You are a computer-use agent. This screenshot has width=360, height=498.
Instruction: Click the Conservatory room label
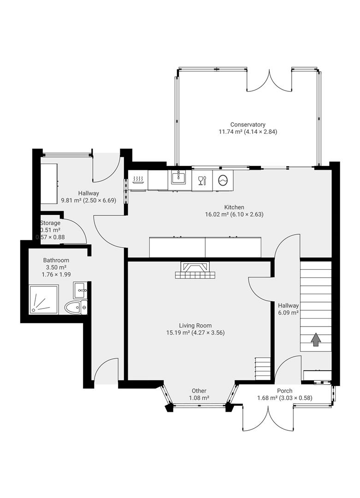tap(248, 125)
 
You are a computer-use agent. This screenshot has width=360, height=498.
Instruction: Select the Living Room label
tap(195, 326)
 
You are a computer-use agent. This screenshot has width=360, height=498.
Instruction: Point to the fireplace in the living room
tap(195, 270)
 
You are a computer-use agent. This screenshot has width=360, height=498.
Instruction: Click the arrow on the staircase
tap(316, 340)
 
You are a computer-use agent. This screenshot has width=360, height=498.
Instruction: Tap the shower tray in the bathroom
tap(44, 300)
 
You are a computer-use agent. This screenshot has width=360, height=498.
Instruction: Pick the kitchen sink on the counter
tap(178, 177)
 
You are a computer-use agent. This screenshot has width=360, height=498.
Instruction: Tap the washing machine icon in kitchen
tap(223, 180)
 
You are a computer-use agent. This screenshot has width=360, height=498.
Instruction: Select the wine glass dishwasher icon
tap(201, 180)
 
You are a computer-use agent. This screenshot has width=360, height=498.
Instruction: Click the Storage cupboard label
tap(50, 223)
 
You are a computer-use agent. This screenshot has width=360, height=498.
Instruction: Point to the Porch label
tap(284, 391)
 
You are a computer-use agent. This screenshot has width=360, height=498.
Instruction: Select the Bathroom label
tap(56, 261)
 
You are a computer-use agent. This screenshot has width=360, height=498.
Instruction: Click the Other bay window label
tap(199, 391)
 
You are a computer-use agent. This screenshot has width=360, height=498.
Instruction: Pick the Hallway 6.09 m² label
tap(288, 306)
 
